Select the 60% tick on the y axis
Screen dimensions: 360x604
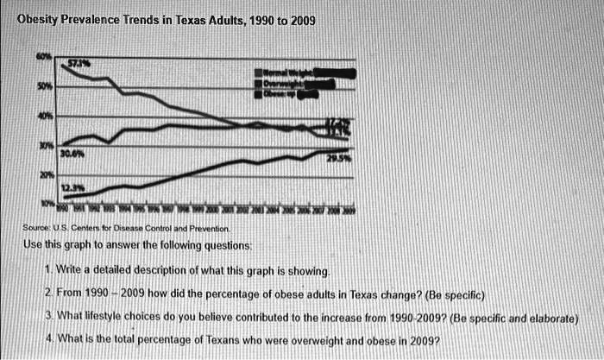(41, 58)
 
